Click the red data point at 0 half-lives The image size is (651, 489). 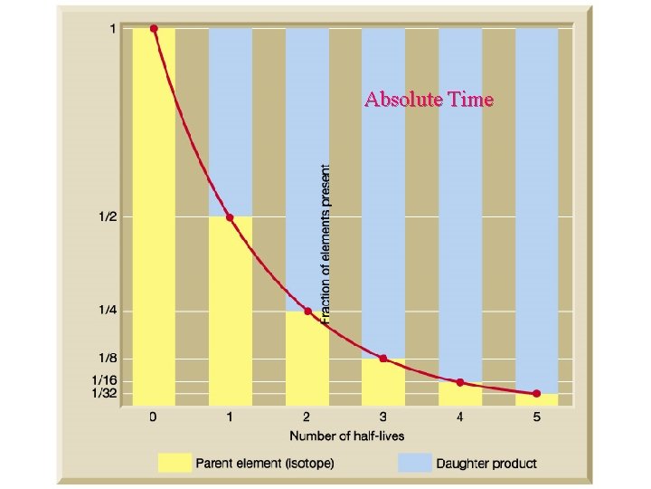(154, 29)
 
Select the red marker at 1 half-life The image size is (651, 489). (230, 217)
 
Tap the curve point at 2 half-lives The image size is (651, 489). (307, 312)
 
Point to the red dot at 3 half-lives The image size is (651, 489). (383, 359)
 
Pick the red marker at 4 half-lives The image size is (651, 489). (460, 382)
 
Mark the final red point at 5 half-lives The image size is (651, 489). (536, 394)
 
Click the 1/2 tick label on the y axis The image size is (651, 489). (107, 217)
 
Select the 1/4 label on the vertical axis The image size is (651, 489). (107, 312)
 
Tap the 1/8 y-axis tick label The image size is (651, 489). (107, 359)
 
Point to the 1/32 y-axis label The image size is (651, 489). (104, 394)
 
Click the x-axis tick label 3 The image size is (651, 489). (383, 418)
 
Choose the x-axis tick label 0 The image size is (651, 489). (154, 418)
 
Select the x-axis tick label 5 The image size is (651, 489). (536, 418)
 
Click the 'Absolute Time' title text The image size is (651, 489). (429, 100)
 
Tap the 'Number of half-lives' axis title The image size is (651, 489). (346, 436)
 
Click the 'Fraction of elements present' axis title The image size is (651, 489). (326, 240)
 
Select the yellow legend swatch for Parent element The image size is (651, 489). (175, 464)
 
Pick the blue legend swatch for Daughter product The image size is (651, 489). (412, 464)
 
